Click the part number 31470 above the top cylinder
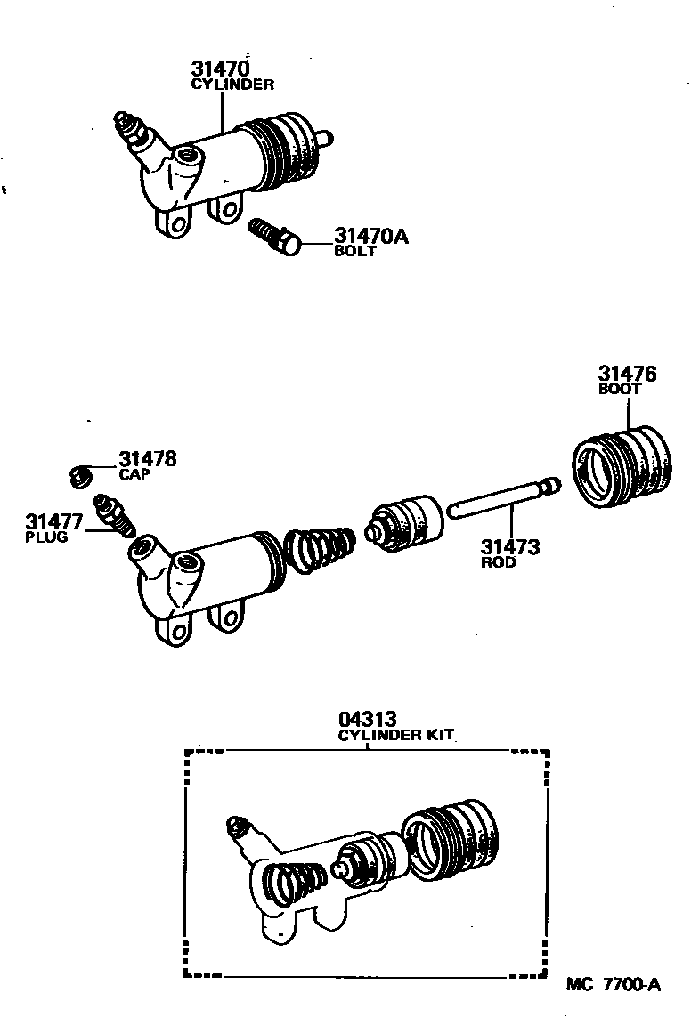click(219, 68)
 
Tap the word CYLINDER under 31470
click(233, 85)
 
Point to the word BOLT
click(355, 252)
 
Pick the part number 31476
click(627, 375)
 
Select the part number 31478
click(147, 459)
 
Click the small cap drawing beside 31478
click(79, 476)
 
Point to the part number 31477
click(54, 521)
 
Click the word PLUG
click(46, 537)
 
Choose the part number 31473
click(510, 547)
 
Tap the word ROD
click(498, 563)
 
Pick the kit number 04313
click(367, 718)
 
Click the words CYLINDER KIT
click(396, 735)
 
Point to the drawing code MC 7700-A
click(614, 985)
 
